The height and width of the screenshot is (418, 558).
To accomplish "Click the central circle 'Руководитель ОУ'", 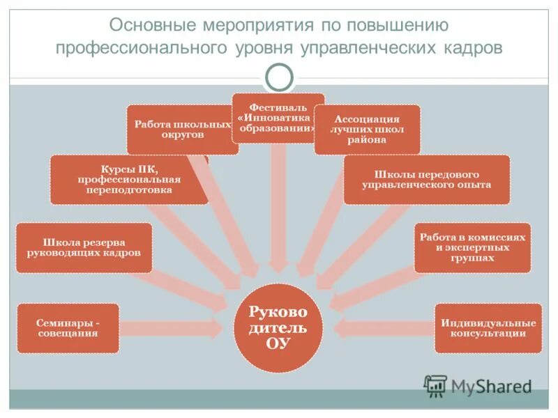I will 278,327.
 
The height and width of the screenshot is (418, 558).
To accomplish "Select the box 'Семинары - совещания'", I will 68,328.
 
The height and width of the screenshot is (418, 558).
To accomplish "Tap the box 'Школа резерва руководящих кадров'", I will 84,247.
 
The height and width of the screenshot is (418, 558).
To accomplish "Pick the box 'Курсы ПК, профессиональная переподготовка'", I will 129,179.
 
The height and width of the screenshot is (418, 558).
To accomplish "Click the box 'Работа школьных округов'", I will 181,129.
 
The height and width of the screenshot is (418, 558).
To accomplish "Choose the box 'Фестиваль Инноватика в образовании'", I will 278,118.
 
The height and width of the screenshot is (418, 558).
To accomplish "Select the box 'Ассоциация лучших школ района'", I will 367,129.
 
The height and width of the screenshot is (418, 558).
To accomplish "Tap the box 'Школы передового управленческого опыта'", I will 426,179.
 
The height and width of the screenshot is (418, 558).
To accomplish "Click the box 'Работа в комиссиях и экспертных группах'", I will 472,247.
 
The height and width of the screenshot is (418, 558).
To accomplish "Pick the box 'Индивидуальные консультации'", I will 488,328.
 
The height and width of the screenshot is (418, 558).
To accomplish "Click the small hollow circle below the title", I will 279,77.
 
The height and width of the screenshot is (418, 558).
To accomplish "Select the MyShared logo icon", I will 435,385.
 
